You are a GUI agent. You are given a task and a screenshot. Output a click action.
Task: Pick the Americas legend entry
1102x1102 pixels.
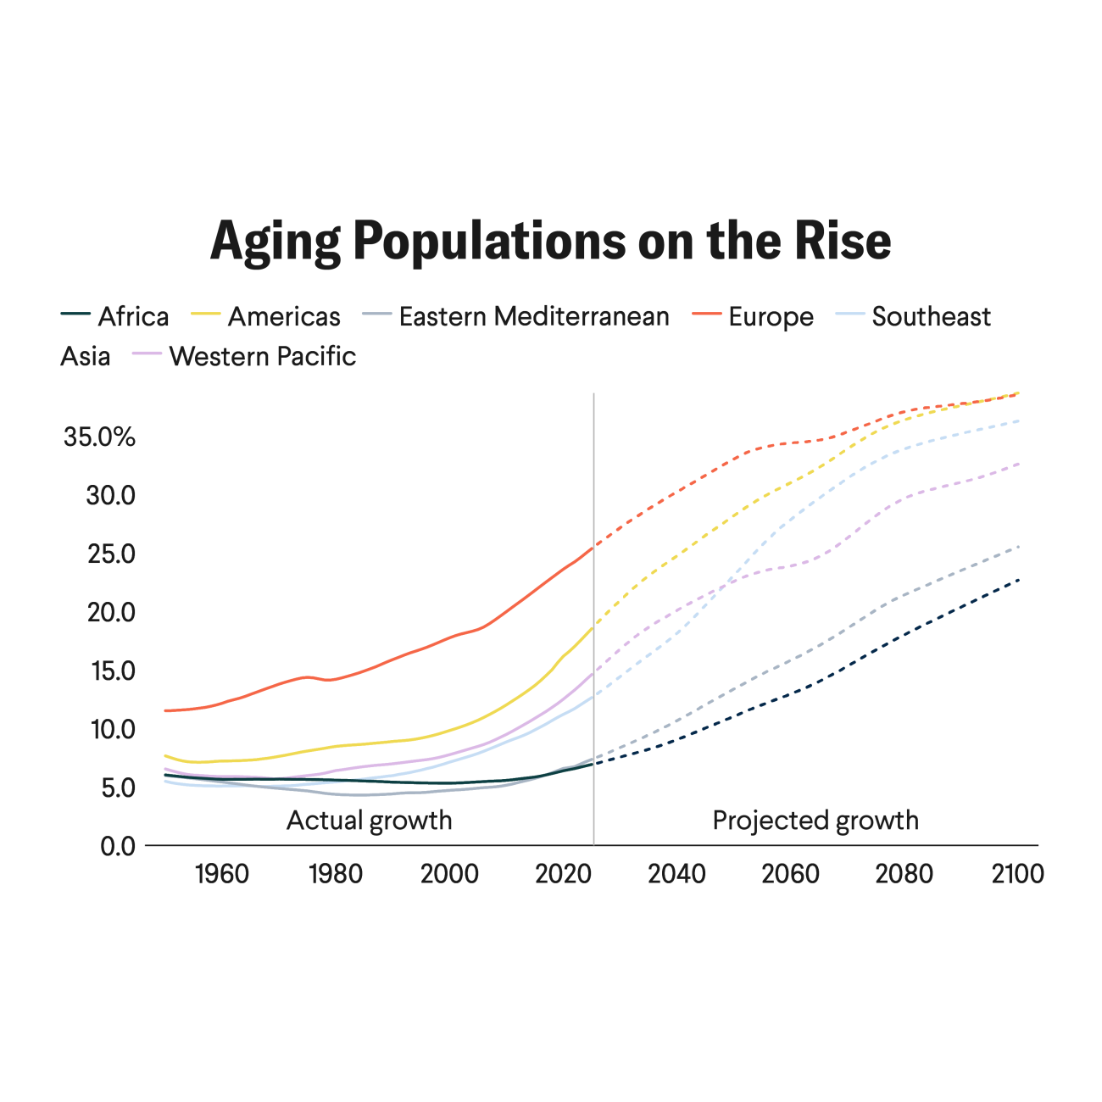[x=283, y=316]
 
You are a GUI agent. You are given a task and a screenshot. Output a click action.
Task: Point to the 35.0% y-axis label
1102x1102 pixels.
[x=99, y=437]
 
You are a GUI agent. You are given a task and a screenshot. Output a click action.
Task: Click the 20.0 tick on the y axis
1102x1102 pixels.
[x=111, y=612]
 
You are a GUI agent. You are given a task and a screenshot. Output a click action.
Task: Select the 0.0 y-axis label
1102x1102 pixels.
[x=118, y=846]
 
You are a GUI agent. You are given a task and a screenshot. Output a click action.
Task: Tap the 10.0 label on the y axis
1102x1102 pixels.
[x=111, y=729]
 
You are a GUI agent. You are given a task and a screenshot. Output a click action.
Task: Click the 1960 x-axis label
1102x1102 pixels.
[x=222, y=874]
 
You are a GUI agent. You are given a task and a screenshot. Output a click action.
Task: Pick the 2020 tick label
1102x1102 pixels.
[x=563, y=874]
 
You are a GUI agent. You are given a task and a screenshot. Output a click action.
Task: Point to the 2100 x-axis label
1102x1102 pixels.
[x=1017, y=874]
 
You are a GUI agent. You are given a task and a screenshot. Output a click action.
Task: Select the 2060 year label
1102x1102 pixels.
[x=790, y=874]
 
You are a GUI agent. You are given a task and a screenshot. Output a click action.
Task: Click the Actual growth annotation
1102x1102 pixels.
[x=370, y=821]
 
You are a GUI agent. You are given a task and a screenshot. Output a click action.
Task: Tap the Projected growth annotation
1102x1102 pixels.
[x=815, y=821]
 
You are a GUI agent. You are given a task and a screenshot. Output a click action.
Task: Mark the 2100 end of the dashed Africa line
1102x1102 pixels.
[x=1018, y=579]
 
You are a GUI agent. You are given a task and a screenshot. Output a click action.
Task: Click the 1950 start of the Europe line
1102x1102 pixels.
[x=165, y=710]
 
